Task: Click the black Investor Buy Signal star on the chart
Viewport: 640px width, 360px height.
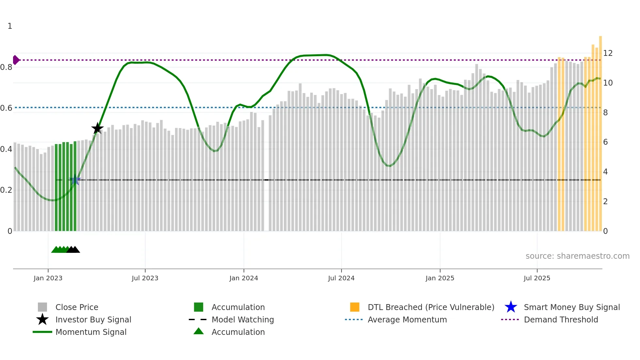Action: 97,128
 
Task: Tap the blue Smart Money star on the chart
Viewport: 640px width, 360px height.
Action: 75,180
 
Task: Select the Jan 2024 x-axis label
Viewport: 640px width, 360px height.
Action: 244,278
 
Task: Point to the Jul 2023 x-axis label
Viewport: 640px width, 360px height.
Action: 145,278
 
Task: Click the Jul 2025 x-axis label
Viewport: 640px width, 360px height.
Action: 537,278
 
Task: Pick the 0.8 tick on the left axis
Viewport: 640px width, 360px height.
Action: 7,67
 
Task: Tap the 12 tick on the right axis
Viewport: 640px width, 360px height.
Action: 608,53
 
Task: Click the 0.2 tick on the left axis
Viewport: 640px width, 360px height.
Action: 7,190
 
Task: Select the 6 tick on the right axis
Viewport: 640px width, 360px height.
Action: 605,142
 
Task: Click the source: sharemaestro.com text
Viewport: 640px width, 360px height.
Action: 577,256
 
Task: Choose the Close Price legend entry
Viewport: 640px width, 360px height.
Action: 77,307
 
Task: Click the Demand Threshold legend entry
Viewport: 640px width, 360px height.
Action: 561,320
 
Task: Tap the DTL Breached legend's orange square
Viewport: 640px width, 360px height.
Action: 355,307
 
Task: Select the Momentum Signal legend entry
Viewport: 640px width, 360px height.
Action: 91,332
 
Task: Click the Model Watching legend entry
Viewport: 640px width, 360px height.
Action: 243,320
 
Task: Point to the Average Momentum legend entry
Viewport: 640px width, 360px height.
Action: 407,320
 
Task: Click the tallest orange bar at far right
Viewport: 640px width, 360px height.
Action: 600,131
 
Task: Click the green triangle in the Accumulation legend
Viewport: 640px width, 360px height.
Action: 199,331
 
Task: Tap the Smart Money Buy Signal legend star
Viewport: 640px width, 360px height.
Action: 511,307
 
